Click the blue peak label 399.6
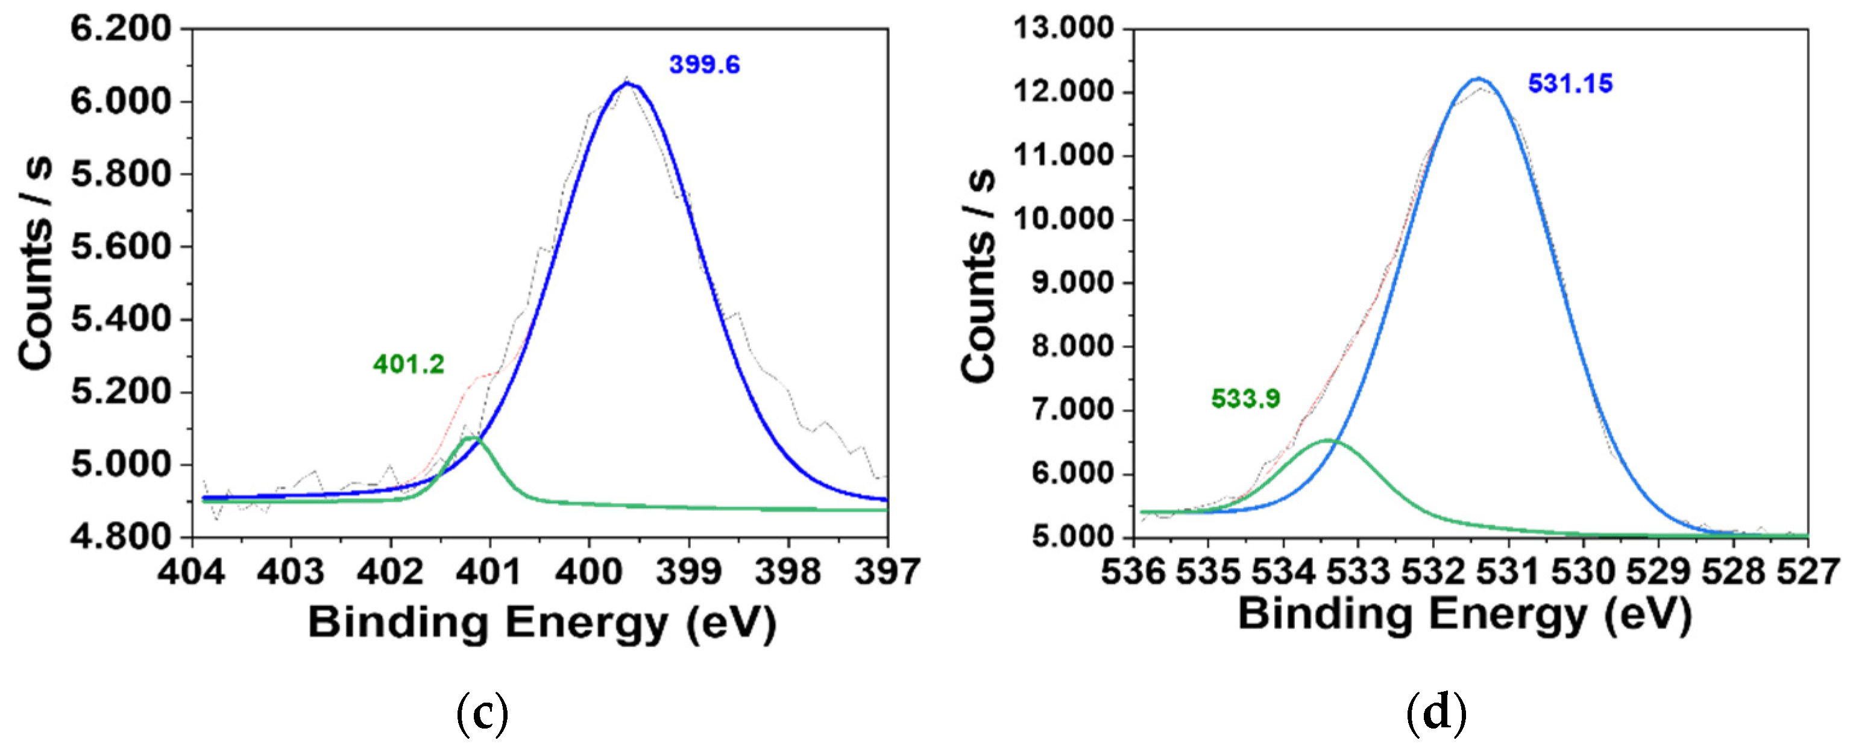[704, 65]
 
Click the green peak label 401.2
[408, 365]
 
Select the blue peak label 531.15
[1570, 84]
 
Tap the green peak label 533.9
[1245, 398]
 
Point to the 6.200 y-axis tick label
[121, 30]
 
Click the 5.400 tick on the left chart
[121, 319]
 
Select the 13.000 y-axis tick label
[1063, 29]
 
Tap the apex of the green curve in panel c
[472, 436]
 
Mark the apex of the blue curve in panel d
[1478, 78]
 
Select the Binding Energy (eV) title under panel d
[1465, 615]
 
